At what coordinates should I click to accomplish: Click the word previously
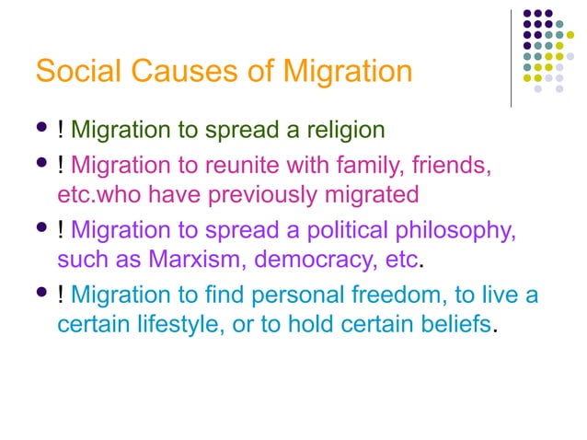(x=245, y=194)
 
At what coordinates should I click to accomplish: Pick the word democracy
(x=314, y=259)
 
